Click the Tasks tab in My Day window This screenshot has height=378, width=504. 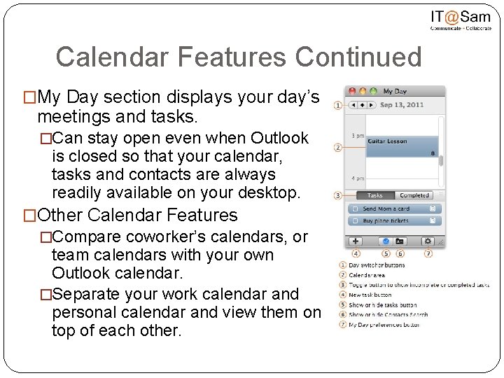pos(374,195)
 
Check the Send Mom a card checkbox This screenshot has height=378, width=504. pos(356,209)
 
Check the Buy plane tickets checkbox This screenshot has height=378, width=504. pos(356,220)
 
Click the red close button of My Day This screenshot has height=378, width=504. pos(353,91)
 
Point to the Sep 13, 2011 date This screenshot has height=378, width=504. pos(402,105)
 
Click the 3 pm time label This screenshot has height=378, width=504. pos(356,135)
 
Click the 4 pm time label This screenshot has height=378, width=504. pos(356,178)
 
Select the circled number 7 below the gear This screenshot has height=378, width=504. pos(428,253)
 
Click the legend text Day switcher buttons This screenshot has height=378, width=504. pos(377,265)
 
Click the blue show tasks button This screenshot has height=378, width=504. pos(385,241)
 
